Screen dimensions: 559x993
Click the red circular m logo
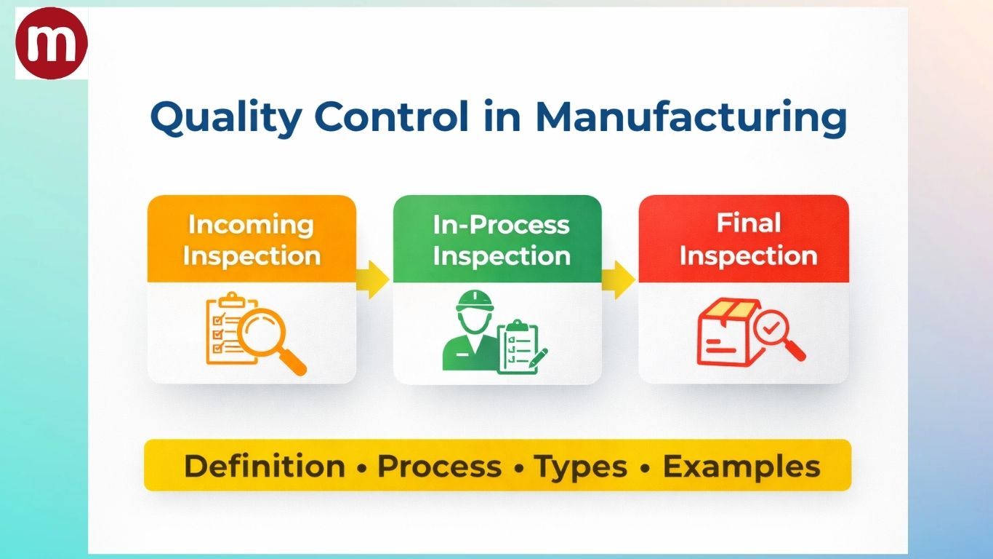click(x=51, y=44)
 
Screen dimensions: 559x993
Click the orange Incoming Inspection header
click(x=252, y=239)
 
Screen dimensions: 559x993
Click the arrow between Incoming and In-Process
click(x=374, y=281)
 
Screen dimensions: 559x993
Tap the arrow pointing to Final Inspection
click(x=619, y=281)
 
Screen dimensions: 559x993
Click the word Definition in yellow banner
click(x=265, y=467)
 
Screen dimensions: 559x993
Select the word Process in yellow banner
click(x=439, y=467)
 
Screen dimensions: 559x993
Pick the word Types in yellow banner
click(x=581, y=467)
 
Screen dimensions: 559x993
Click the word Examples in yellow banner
click(x=741, y=467)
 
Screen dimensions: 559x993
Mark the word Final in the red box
click(x=749, y=223)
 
